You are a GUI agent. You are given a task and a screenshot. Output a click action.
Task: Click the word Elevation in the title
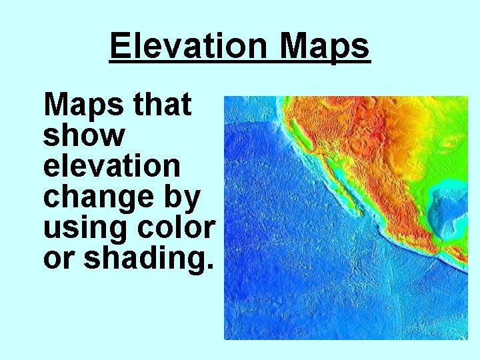click(189, 47)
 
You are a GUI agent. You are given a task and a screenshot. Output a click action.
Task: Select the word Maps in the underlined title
click(324, 47)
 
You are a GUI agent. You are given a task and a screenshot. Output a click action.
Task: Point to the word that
click(162, 105)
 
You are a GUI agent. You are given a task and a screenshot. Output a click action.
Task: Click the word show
click(84, 136)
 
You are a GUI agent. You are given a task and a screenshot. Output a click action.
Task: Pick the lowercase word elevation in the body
click(111, 166)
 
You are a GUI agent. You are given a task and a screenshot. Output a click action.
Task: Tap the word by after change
click(184, 197)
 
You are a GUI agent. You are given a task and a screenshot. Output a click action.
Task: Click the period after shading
click(211, 267)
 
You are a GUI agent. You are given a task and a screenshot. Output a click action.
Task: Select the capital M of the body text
click(55, 105)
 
